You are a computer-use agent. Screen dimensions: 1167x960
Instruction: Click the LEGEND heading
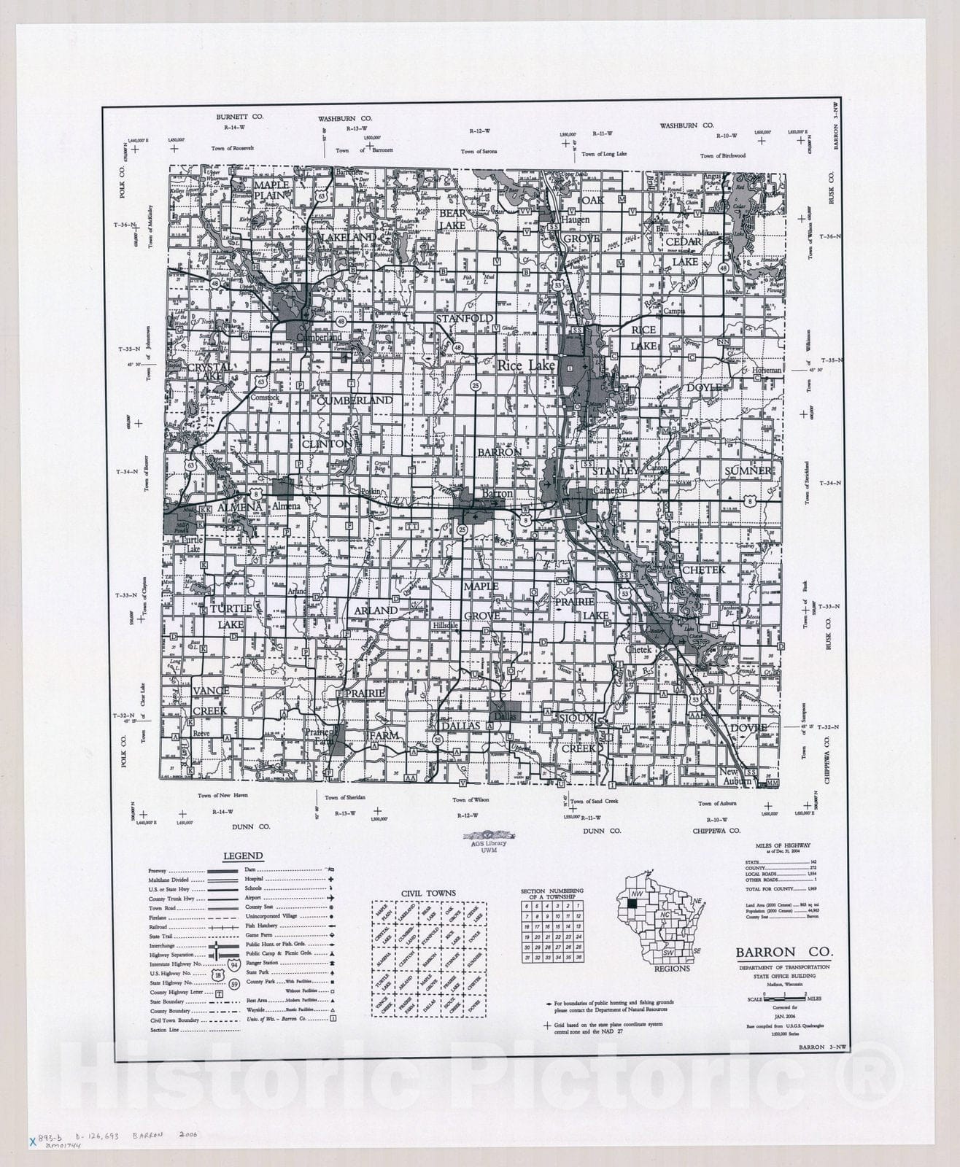tap(243, 856)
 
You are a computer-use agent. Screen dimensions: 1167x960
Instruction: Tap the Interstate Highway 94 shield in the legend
tap(234, 964)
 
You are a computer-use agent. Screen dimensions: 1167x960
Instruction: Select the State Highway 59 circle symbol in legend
tap(234, 984)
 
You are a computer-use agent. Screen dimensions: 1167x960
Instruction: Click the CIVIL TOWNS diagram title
tap(428, 893)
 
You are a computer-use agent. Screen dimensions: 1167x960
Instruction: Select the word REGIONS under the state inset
tap(672, 969)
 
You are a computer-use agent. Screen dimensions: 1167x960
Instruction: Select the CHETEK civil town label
tap(703, 570)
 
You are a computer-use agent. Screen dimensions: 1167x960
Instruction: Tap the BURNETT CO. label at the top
tap(239, 117)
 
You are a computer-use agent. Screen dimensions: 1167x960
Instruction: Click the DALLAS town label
tap(460, 726)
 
